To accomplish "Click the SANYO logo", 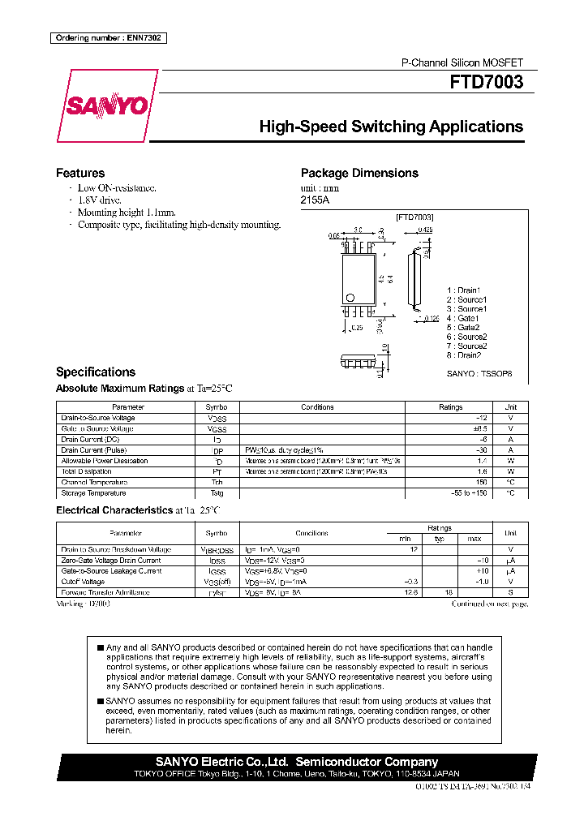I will pos(106,106).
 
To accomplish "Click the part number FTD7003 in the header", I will pos(487,82).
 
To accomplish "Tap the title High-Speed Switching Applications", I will pos(390,127).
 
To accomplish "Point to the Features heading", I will pos(79,173).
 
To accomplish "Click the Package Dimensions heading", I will pos(359,173).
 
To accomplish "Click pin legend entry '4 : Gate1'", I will pos(463,318).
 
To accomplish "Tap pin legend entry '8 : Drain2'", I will pos(465,355).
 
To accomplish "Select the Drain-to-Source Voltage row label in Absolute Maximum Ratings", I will pos(98,418).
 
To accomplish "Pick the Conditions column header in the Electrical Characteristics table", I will pos(312,533).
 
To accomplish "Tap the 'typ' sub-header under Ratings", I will pos(440,539).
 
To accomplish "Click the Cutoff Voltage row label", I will pos(83,582).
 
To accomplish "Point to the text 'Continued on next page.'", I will pos(489,604).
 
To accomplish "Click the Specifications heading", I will pos(95,372).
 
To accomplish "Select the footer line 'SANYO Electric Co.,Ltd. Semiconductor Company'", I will pos(297,762).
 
